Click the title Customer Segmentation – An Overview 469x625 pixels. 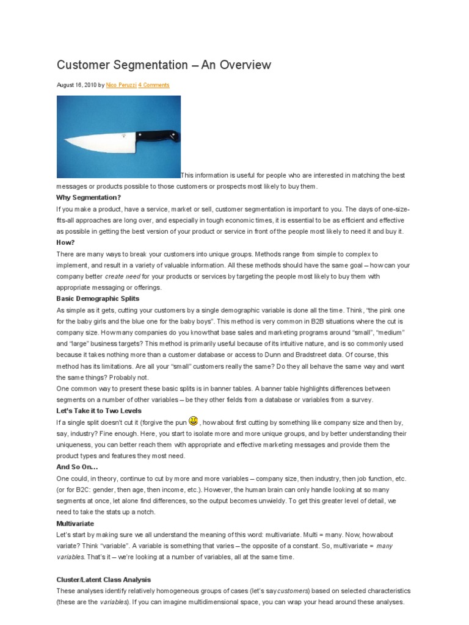[x=164, y=65]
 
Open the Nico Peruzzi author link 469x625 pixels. [x=121, y=85]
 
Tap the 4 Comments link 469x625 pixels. [x=154, y=85]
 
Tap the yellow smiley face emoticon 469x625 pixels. [x=193, y=421]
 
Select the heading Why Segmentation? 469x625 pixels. [x=89, y=198]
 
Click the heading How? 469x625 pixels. [x=65, y=242]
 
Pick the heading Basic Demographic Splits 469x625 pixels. [x=98, y=298]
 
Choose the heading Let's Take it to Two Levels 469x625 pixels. [x=99, y=411]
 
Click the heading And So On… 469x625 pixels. [x=77, y=467]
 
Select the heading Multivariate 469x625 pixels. [x=75, y=523]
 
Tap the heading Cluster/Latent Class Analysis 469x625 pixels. [x=103, y=579]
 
